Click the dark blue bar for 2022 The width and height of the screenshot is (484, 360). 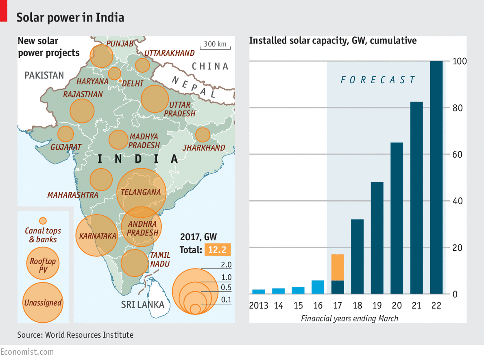tap(436, 177)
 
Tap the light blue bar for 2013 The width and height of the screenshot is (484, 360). tap(259, 291)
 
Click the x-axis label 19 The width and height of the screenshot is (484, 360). tap(377, 306)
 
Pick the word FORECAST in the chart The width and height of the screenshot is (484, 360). tap(378, 80)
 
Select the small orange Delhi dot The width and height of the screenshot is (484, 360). tap(120, 82)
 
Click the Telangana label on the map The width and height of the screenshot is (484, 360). tap(141, 192)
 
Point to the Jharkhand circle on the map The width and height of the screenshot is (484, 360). tap(203, 134)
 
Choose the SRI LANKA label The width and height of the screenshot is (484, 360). tap(142, 305)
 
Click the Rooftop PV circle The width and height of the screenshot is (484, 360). tap(42, 262)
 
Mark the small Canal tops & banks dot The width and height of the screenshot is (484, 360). tap(42, 221)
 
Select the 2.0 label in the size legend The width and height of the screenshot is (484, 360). tap(226, 265)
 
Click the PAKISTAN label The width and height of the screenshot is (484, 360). tap(44, 75)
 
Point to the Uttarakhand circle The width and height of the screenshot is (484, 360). tap(142, 65)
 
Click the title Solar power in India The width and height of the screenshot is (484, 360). tap(70, 17)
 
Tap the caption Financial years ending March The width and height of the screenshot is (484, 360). tap(349, 318)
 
